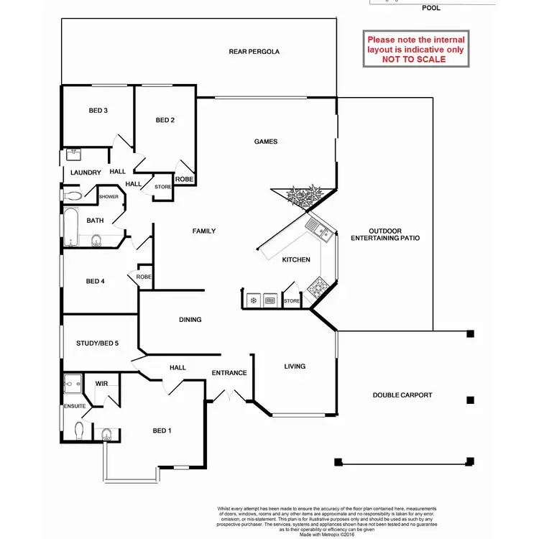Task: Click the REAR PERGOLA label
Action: [x=254, y=52]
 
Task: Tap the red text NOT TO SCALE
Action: [x=413, y=60]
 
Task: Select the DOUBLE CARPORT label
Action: [x=402, y=395]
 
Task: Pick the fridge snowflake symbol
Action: [x=253, y=300]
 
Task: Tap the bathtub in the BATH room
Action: [x=70, y=227]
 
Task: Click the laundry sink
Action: [x=73, y=155]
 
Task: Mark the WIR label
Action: [x=101, y=384]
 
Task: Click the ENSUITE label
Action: [x=75, y=406]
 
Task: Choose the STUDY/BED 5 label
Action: [x=97, y=344]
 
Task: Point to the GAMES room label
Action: [x=266, y=142]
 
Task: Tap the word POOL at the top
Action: [x=431, y=9]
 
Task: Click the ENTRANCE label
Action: [x=229, y=373]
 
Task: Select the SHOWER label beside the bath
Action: [x=109, y=196]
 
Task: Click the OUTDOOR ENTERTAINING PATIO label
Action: [x=384, y=234]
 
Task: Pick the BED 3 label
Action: [x=98, y=111]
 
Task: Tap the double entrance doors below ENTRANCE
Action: [x=229, y=395]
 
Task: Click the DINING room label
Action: [x=190, y=320]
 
